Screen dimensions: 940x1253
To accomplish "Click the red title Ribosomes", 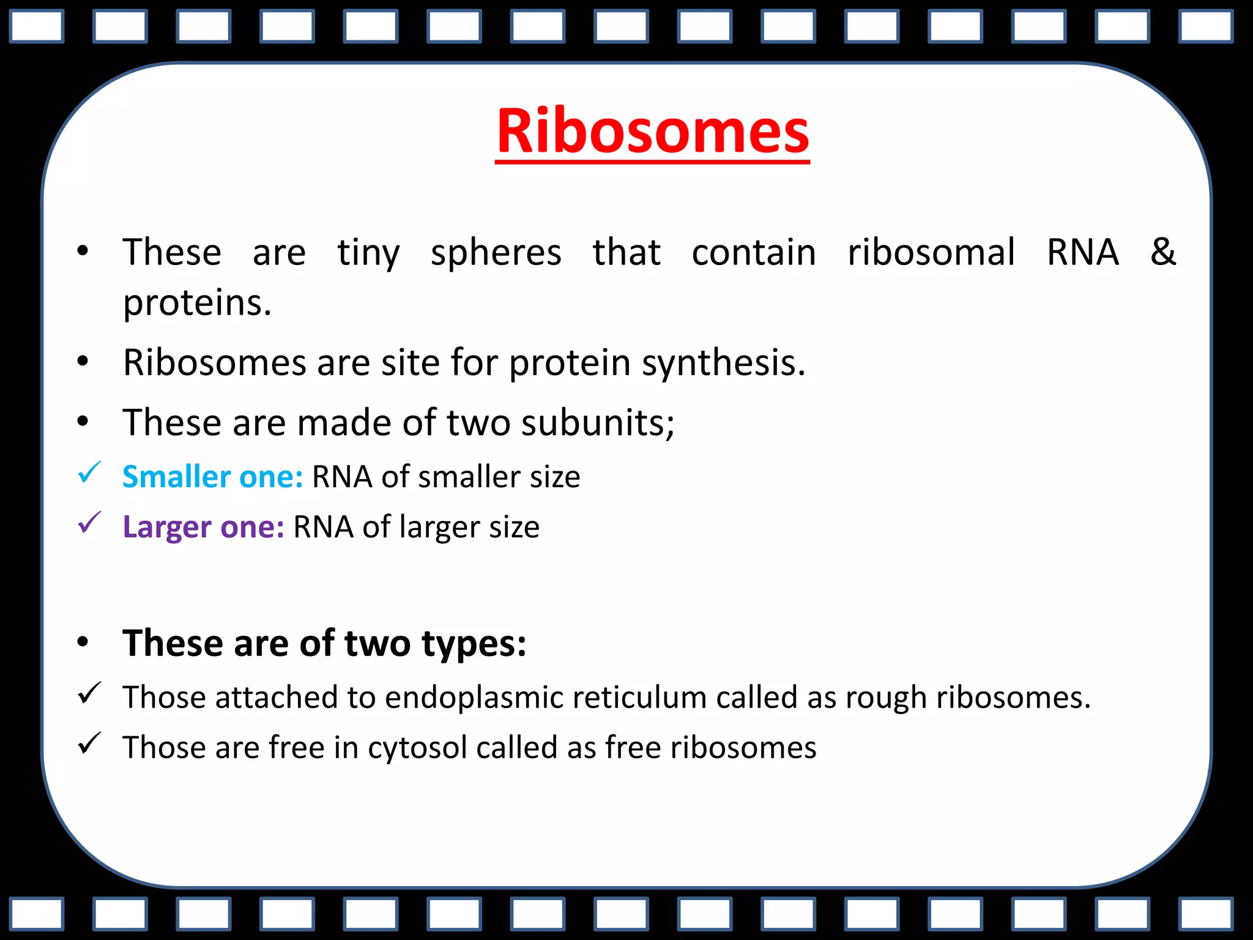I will click(652, 131).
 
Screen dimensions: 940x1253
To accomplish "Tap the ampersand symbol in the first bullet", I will click(1162, 251).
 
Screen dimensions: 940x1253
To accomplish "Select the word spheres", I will click(496, 253).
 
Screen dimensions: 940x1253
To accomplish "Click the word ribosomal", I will click(931, 252).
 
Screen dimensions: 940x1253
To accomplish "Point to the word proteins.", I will click(197, 304).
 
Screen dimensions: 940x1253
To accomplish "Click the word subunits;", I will click(598, 423).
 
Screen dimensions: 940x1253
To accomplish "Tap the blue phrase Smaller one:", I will click(212, 477).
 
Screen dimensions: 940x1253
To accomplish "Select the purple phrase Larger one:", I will click(203, 527).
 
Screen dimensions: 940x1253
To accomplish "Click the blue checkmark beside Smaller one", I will click(89, 474).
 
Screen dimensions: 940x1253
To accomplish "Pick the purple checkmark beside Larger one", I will click(89, 523).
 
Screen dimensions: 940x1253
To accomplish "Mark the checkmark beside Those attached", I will click(89, 694).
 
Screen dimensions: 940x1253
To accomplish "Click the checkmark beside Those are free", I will click(89, 744).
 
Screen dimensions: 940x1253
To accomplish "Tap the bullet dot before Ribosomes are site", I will click(83, 362).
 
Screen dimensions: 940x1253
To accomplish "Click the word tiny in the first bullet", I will click(368, 253).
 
